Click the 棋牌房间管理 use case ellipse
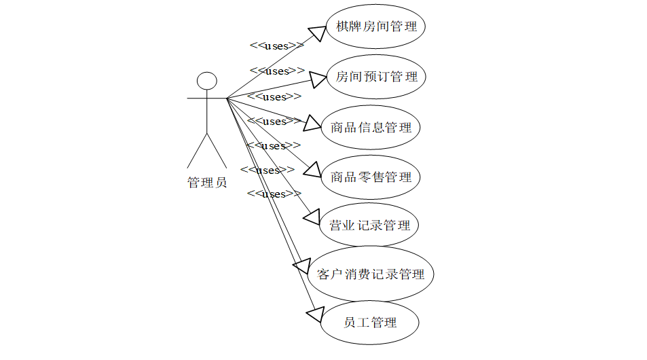376,27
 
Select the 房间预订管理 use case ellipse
376,77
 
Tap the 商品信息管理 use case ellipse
371,127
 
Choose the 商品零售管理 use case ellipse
371,177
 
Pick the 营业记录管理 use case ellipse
369,225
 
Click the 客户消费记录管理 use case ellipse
371,274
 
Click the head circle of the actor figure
206,81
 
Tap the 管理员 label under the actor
207,182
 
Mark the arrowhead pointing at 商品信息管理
312,123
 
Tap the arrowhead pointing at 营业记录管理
311,217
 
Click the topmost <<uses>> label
276,46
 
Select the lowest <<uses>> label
274,194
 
